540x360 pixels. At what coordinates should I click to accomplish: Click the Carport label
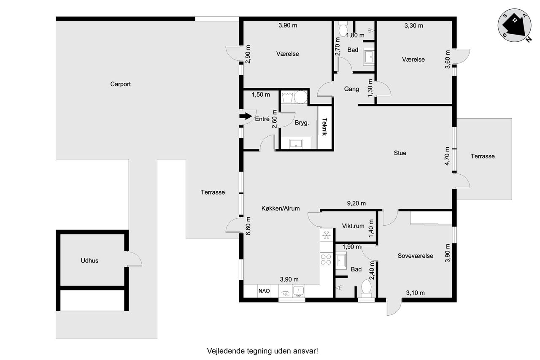tap(120, 84)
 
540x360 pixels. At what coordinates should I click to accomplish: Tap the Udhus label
tap(89, 261)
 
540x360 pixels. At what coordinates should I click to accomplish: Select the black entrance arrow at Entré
tap(246, 116)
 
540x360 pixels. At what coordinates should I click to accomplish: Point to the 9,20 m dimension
tap(356, 203)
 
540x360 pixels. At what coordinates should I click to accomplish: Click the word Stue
tap(400, 153)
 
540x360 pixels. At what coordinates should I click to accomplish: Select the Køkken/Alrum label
tap(281, 208)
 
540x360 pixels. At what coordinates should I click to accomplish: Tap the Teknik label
tap(324, 127)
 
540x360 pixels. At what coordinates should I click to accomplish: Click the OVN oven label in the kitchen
tap(264, 291)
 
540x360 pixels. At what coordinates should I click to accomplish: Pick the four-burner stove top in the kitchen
tap(326, 259)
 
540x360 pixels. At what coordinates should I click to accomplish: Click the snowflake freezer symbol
tap(326, 235)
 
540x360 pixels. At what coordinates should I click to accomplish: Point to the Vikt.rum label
tap(353, 226)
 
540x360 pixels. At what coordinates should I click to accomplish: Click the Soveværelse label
tap(416, 256)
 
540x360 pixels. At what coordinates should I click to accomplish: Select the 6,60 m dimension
tap(248, 226)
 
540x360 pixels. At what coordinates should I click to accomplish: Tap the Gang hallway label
tap(351, 89)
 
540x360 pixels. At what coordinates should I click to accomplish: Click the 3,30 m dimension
tap(414, 26)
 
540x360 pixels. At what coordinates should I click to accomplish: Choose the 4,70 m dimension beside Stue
tap(447, 156)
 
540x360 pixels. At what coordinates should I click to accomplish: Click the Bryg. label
tap(302, 123)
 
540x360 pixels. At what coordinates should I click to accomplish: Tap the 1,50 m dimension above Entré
tap(261, 95)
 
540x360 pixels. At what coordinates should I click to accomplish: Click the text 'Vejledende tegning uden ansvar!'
tap(262, 351)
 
